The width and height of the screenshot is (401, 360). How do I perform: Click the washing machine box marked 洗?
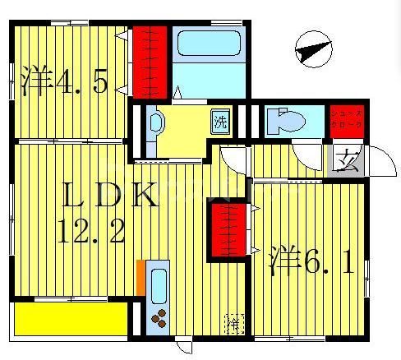(221, 122)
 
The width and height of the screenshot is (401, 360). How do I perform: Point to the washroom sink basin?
(157, 126)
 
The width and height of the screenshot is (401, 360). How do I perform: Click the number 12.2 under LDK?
(91, 234)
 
